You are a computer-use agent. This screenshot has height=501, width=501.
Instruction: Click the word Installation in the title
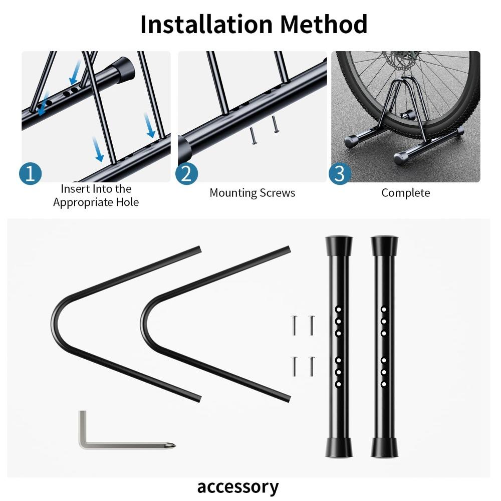point(206,24)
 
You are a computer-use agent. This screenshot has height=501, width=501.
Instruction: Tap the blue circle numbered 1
point(30,173)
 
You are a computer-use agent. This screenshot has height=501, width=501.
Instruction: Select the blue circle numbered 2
point(186,173)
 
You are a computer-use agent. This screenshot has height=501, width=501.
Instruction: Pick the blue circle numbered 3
point(340,173)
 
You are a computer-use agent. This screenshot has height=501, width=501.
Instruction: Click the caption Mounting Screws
point(252,193)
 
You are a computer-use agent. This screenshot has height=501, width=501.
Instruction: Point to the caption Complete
point(405,193)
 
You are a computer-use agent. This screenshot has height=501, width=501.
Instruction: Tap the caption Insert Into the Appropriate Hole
point(96,195)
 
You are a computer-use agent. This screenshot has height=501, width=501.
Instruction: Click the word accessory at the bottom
point(237,486)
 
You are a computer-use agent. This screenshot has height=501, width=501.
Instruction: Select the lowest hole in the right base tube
point(384,384)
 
